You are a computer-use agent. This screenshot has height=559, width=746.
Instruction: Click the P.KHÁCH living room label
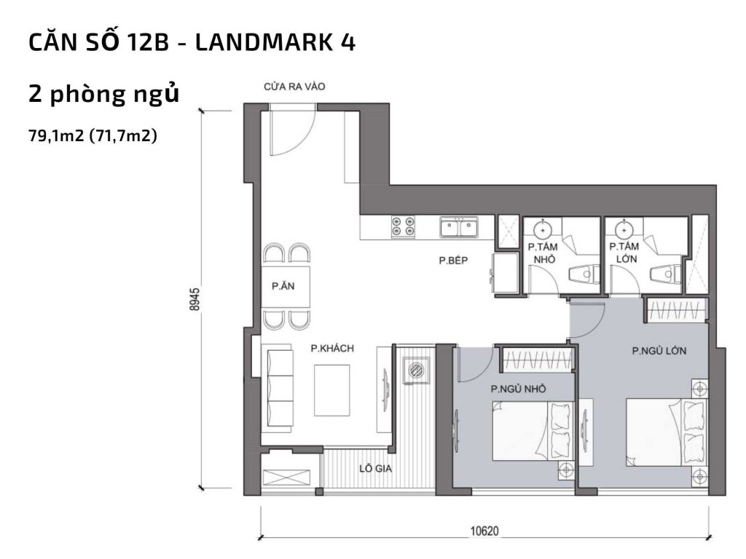[x=331, y=349]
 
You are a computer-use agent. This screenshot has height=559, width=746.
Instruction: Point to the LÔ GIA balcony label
[x=376, y=469]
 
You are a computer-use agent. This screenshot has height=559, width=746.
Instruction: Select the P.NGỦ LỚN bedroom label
[x=659, y=351]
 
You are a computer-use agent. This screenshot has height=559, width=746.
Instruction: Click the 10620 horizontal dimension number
[x=484, y=532]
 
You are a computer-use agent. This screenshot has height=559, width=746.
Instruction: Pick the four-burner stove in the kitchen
[x=402, y=227]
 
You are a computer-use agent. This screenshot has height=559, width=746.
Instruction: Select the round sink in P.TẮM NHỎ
[x=542, y=230]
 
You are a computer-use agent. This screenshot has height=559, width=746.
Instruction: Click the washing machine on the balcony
[x=415, y=370]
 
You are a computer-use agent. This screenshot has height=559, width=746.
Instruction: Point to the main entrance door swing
[x=291, y=131]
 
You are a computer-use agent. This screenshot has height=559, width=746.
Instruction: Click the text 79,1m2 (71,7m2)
[x=93, y=135]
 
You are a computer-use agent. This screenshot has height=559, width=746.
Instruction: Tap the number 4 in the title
[x=347, y=42]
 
